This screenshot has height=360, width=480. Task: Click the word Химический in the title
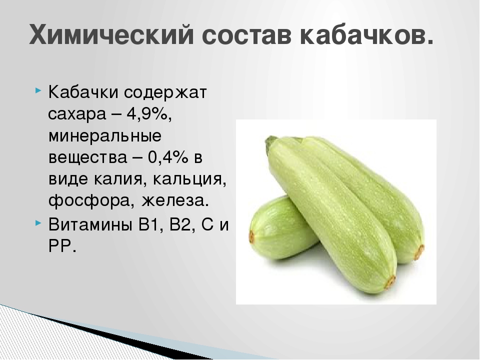tap(111, 34)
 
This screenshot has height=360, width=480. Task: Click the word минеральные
tap(105, 136)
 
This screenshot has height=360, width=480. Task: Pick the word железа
tap(175, 201)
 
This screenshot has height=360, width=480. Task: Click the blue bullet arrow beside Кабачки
tap(37, 91)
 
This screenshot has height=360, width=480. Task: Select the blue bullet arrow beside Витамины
tap(37, 222)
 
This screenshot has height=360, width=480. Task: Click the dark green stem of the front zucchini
tap(271, 142)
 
